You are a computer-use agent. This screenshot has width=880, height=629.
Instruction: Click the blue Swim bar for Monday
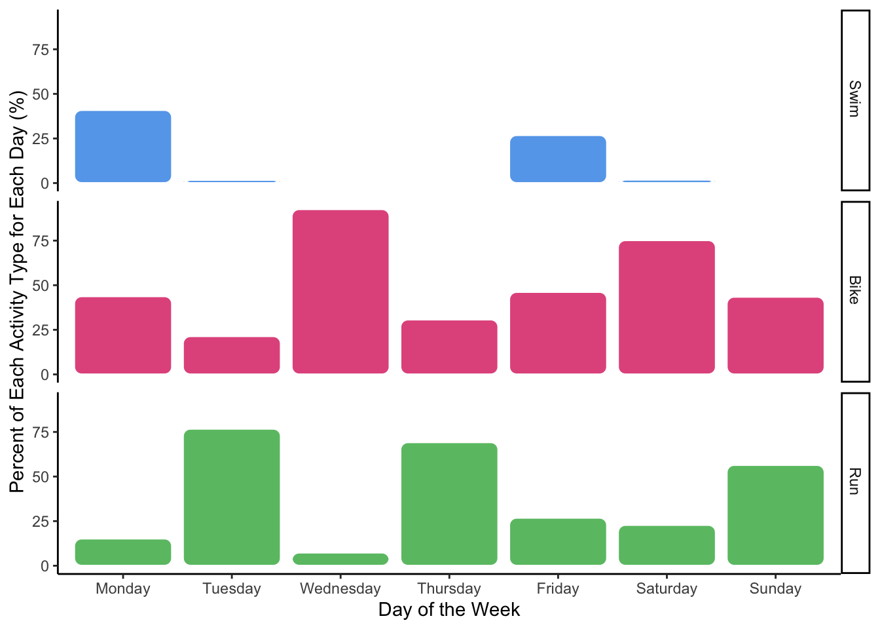click(x=123, y=147)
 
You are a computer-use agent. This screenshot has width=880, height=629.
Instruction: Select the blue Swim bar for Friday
click(x=558, y=159)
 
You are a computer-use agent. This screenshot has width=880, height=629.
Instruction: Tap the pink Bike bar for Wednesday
click(x=340, y=292)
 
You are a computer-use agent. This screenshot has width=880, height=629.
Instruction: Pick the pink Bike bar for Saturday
click(x=667, y=307)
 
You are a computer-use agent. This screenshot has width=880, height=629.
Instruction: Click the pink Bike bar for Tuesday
click(x=232, y=355)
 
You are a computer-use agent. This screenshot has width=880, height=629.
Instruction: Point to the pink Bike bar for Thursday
click(x=449, y=347)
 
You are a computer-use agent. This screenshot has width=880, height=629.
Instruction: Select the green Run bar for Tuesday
click(x=232, y=497)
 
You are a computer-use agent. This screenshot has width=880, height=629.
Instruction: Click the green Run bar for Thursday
click(x=449, y=504)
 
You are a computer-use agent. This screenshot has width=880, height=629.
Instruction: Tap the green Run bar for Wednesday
click(x=340, y=559)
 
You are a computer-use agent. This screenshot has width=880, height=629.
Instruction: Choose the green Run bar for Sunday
click(x=775, y=515)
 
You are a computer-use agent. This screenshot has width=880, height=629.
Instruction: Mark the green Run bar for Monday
click(x=123, y=552)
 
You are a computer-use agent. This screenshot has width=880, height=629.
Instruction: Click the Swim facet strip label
click(x=854, y=100)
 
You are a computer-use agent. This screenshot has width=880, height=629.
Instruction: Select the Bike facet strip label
click(x=854, y=291)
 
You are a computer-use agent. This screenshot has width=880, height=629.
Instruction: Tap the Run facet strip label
click(x=854, y=482)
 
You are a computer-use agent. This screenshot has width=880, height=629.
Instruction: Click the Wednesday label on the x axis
click(x=340, y=588)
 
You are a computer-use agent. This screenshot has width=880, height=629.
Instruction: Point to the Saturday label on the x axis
click(x=667, y=588)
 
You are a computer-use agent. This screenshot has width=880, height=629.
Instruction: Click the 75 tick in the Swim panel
click(x=41, y=50)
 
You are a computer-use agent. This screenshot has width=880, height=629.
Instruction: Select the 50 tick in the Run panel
click(x=41, y=477)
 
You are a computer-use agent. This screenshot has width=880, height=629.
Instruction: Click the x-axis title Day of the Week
click(x=449, y=610)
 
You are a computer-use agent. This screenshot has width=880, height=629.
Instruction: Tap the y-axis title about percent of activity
click(x=17, y=292)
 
